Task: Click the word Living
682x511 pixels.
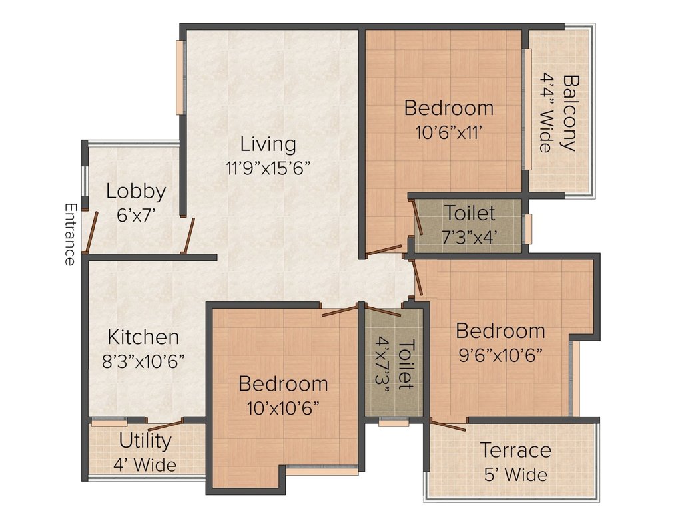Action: [x=268, y=144]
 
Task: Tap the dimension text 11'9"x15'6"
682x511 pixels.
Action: [x=268, y=168]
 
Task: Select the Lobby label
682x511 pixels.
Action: [x=136, y=192]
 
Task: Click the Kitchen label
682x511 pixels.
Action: [x=143, y=337]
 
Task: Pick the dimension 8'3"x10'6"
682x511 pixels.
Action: [x=143, y=361]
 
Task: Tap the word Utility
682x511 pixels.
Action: [x=145, y=442]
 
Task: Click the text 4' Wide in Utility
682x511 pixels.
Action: [x=145, y=465]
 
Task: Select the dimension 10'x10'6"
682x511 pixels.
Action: [x=283, y=408]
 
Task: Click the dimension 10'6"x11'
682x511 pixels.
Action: [x=448, y=132]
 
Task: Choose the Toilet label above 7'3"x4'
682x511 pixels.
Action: [x=470, y=213]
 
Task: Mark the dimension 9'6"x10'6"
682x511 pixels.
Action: [x=501, y=355]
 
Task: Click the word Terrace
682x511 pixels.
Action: [x=515, y=450]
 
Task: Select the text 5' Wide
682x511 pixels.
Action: [x=516, y=474]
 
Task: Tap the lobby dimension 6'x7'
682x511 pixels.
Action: [x=136, y=215]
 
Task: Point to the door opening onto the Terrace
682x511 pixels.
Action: [x=448, y=425]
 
